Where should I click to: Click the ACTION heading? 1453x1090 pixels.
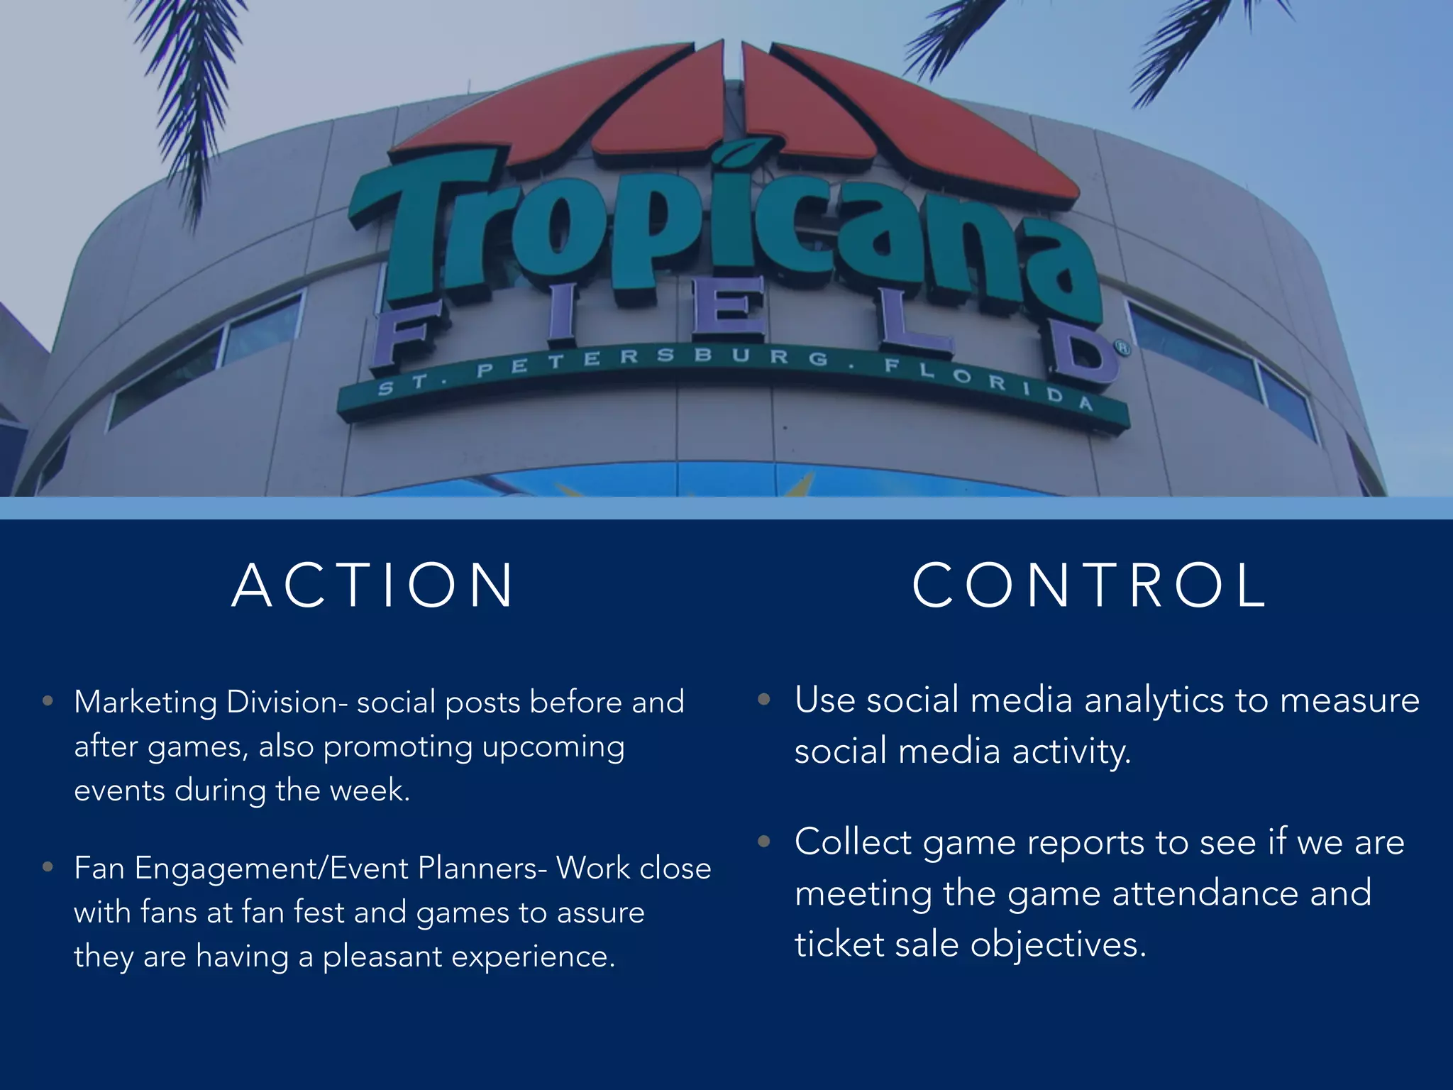point(373,586)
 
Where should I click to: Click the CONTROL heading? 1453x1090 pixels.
point(1089,586)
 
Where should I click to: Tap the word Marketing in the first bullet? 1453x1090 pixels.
point(145,703)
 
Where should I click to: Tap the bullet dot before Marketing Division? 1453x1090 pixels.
point(48,702)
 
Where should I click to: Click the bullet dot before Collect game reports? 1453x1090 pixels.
point(764,842)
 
